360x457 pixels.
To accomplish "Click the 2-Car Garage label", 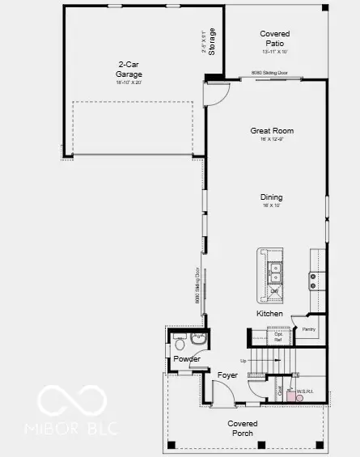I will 129,71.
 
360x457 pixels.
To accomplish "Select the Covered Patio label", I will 275,39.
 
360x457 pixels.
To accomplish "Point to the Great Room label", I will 271,131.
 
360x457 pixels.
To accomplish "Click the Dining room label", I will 271,197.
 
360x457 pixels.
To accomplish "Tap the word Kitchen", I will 269,313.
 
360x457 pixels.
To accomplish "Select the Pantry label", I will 308,329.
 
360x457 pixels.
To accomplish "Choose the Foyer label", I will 227,375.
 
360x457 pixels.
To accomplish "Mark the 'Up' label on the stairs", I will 244,361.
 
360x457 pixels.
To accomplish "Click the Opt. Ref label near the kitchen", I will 277,337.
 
